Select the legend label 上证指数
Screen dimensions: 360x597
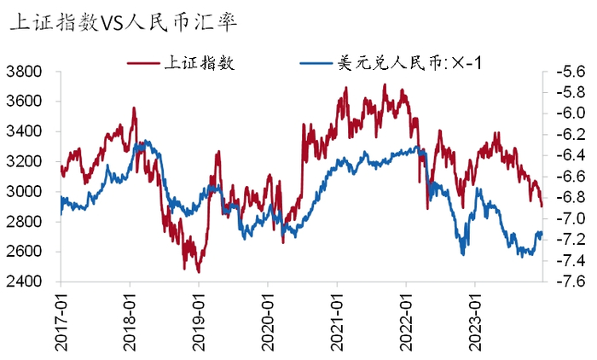click(198, 62)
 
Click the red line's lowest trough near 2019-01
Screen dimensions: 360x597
click(198, 272)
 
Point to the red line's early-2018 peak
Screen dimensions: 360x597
click(134, 108)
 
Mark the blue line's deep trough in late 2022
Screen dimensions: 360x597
click(463, 254)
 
